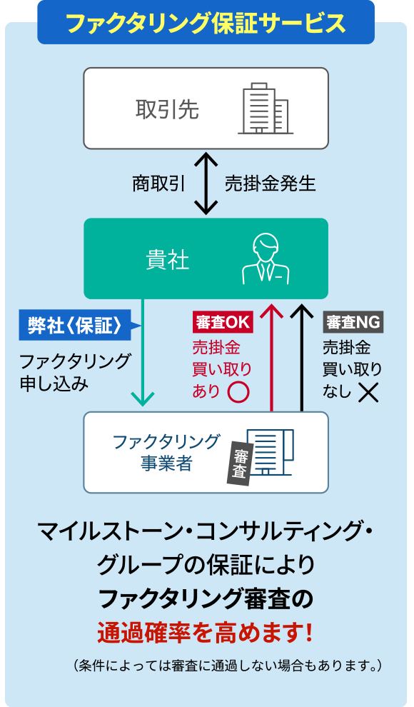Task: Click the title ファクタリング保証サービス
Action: (206, 23)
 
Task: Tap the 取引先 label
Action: (167, 109)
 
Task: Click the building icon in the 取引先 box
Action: (265, 109)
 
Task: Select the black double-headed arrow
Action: (206, 184)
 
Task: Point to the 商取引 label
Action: (158, 184)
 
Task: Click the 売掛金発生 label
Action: (270, 184)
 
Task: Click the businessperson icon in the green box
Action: (265, 258)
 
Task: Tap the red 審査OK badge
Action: (223, 322)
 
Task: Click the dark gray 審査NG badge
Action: (353, 322)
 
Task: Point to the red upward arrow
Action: (271, 357)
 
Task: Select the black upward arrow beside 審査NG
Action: (302, 357)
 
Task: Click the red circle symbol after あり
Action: (238, 391)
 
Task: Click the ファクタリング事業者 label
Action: (166, 452)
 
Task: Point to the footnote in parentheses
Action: (228, 666)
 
